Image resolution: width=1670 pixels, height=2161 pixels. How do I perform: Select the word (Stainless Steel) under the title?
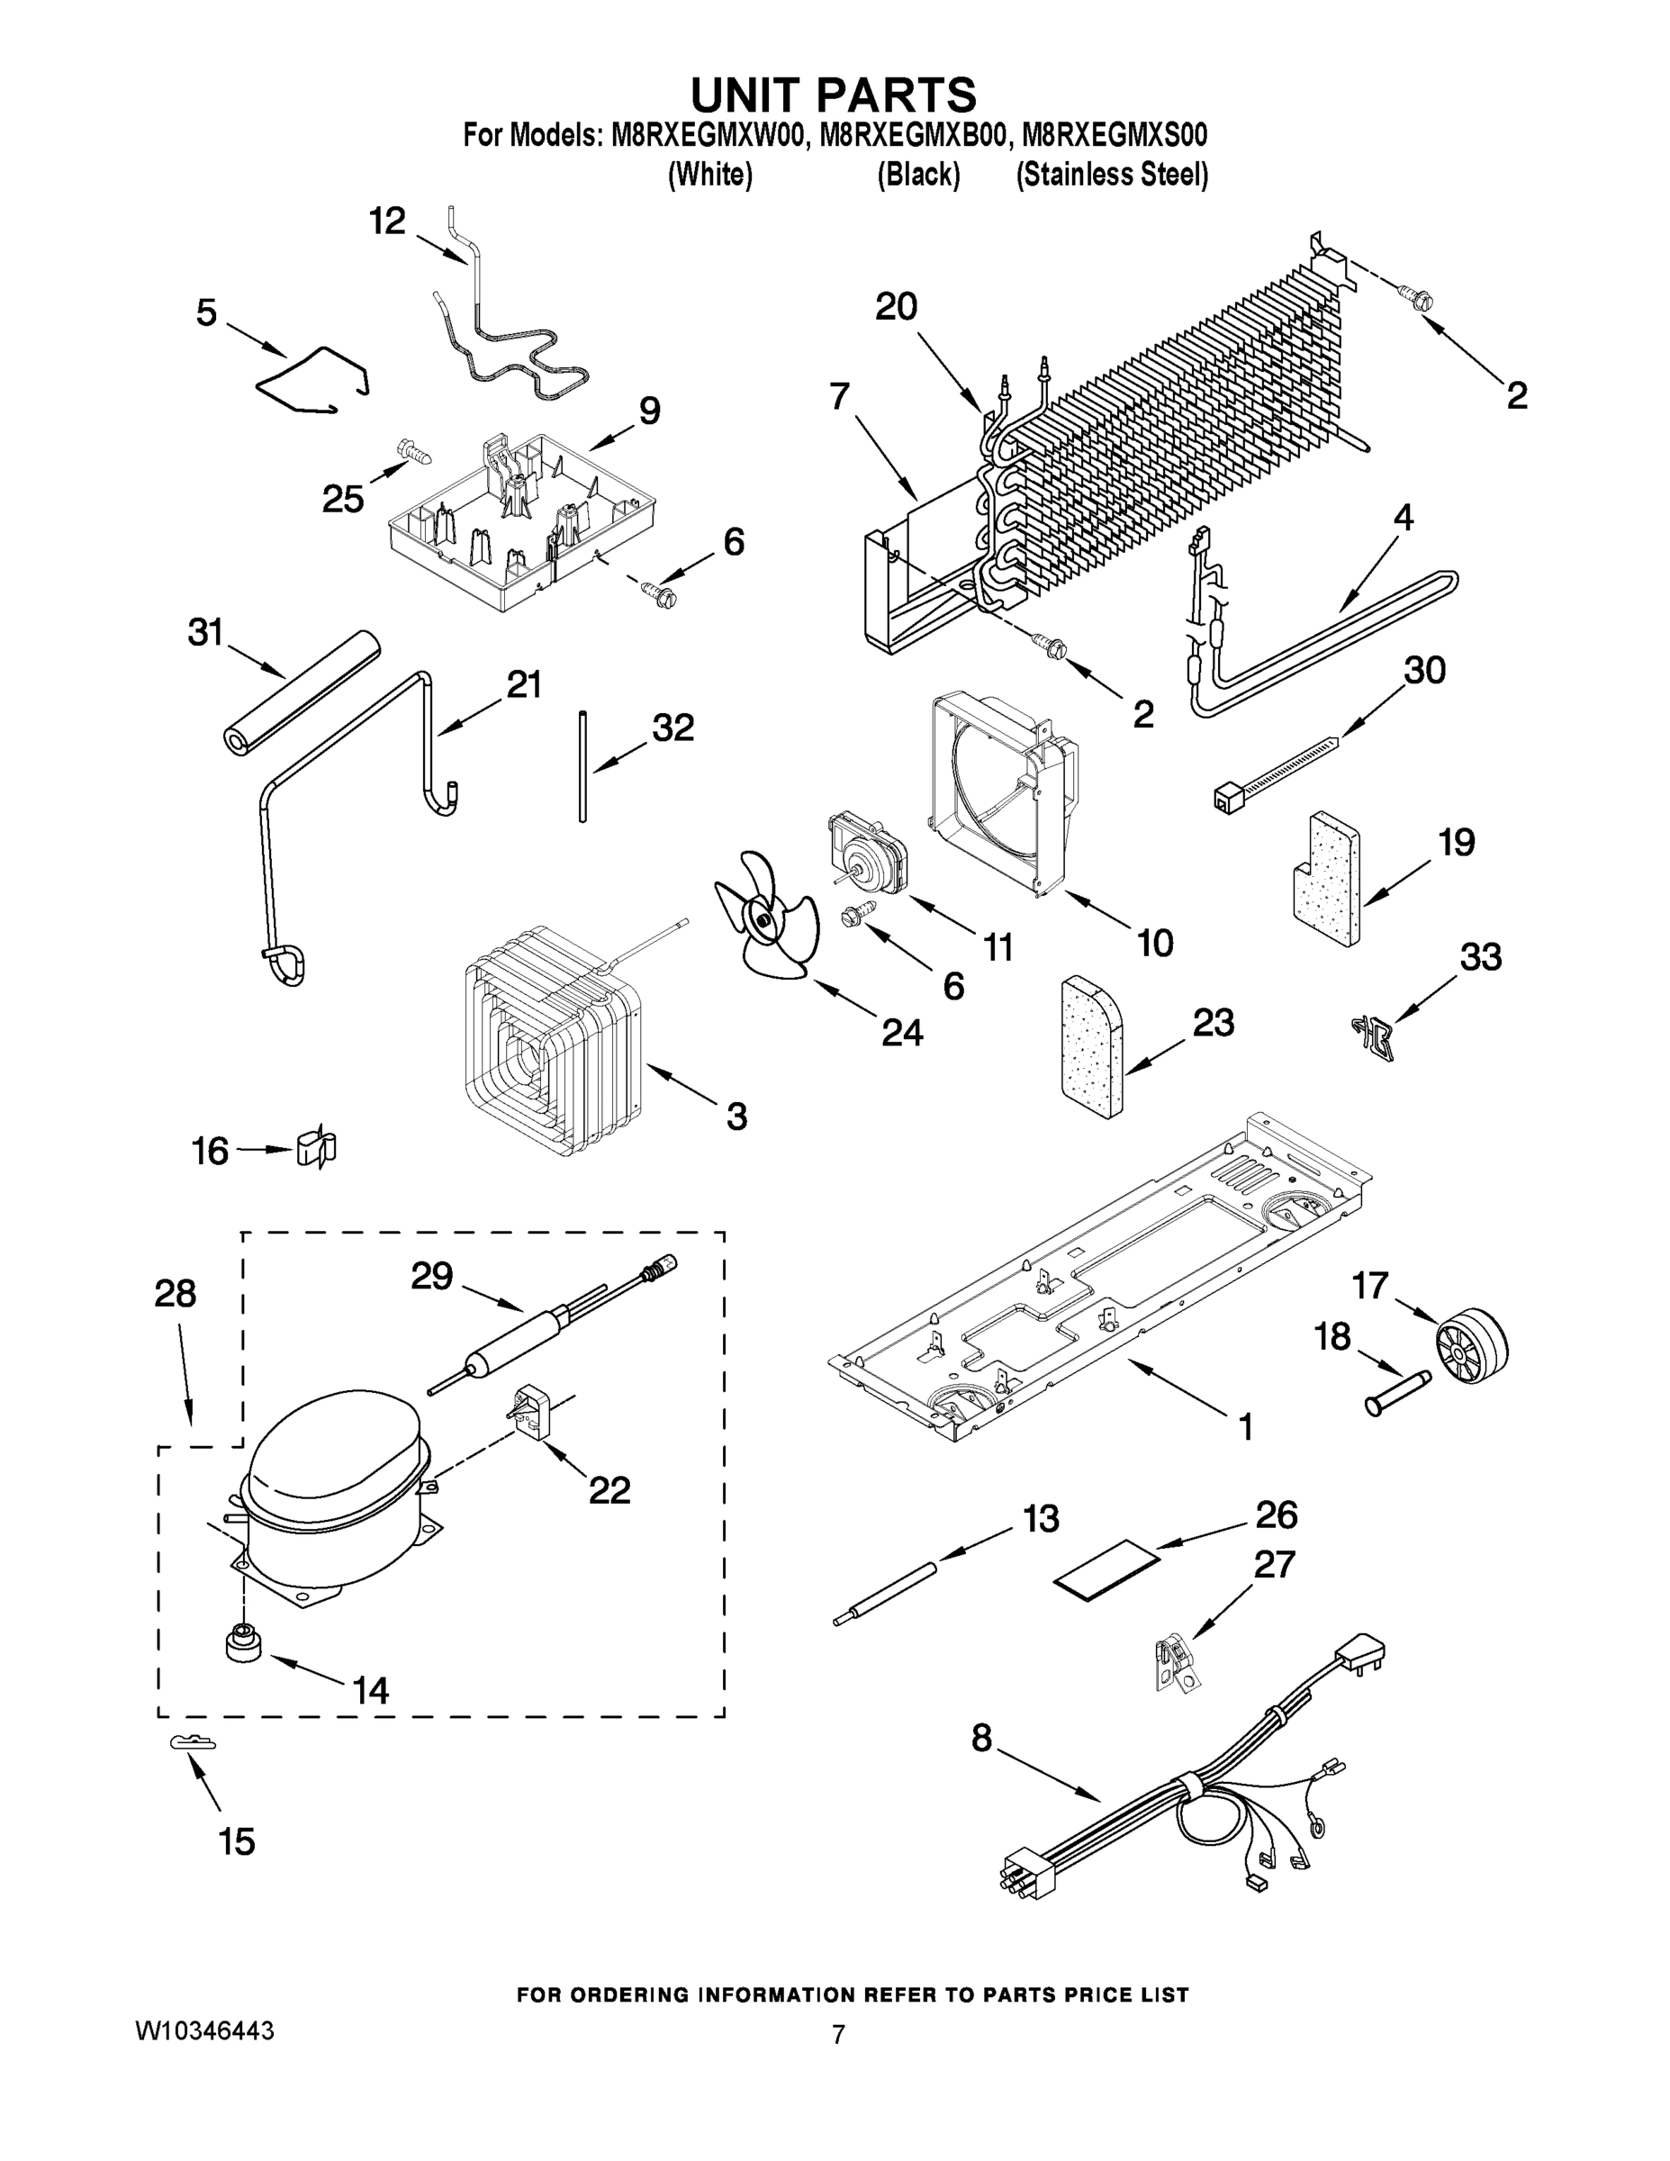pyautogui.click(x=1112, y=176)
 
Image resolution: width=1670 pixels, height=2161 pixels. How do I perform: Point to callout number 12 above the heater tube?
pyautogui.click(x=387, y=222)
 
